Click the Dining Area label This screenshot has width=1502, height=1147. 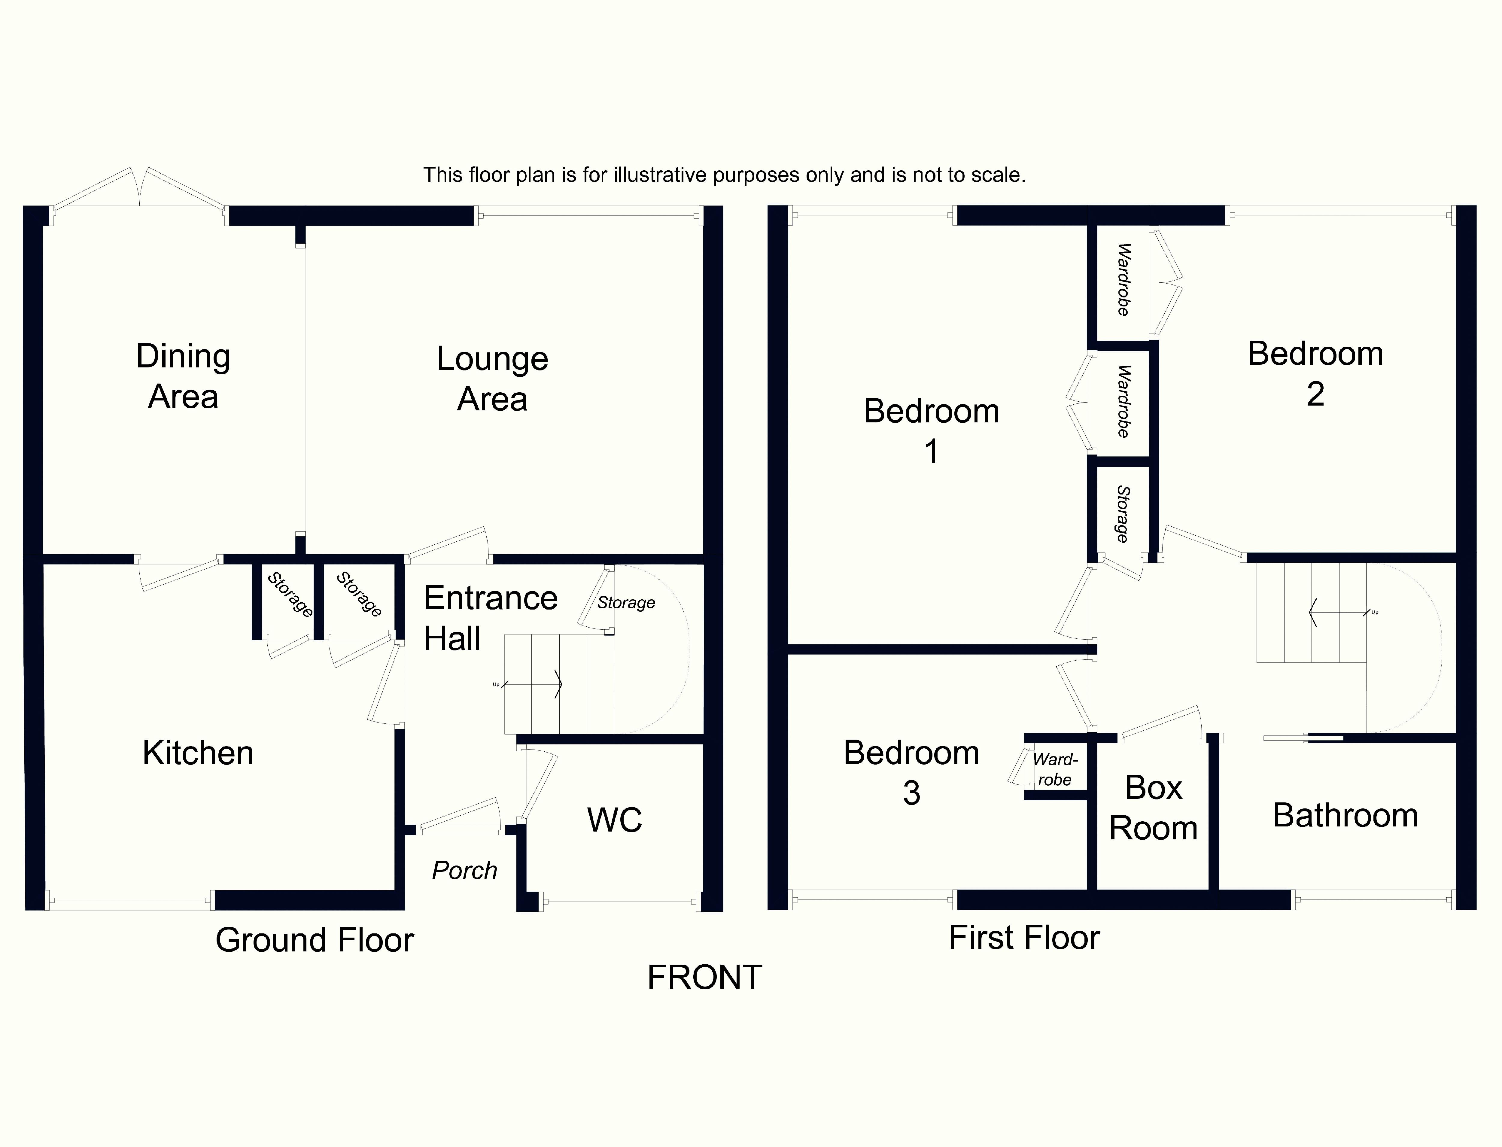(183, 376)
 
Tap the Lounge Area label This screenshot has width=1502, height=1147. (492, 379)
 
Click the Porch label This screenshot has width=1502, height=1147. (464, 871)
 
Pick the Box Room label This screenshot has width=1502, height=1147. (1153, 808)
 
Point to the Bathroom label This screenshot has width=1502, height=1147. (1345, 815)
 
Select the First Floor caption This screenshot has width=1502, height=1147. (1023, 937)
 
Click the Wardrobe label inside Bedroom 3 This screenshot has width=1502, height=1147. (1055, 769)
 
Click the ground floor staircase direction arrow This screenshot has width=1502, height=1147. (533, 684)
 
